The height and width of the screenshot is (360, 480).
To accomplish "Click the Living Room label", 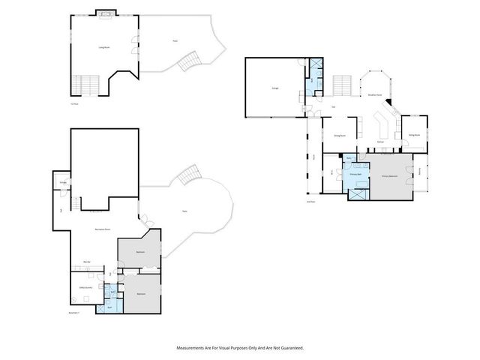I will point(104,47).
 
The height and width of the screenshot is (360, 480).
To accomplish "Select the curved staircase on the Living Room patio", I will point(193,59).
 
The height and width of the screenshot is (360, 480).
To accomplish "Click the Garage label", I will point(265,88).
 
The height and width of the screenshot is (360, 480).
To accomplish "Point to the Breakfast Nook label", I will point(375,95).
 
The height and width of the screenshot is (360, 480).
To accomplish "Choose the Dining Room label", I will point(339,136).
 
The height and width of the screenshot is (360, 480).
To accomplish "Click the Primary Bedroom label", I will point(389,177).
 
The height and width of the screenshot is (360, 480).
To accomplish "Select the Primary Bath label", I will point(356,174).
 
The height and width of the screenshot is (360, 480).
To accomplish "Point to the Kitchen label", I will point(381,141).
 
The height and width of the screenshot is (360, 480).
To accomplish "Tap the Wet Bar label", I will point(88,262).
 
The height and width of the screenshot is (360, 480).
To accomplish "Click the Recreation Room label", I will point(103,228).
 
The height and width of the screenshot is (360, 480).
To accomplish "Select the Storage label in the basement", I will point(63,182).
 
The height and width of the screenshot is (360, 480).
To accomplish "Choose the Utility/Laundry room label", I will point(86,287).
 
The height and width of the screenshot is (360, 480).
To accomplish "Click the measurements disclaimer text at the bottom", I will point(240,348).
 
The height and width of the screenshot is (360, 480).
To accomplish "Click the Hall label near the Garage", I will point(332,106).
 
